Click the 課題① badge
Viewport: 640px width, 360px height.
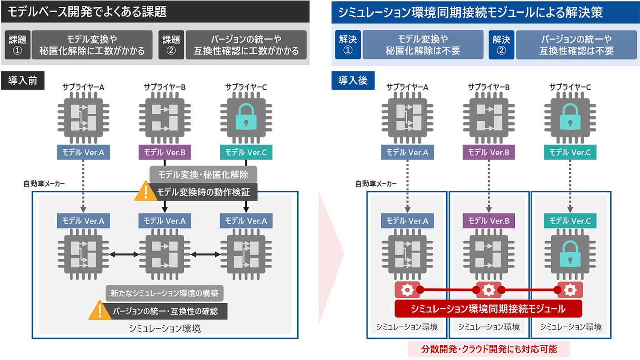17,45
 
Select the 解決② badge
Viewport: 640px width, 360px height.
501,45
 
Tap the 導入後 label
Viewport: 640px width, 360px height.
353,81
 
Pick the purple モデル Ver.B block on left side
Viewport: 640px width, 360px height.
165,152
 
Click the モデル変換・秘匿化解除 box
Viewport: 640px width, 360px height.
203,174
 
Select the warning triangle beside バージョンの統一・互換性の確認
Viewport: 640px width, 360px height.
100,310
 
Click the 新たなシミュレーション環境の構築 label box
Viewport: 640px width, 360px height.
165,294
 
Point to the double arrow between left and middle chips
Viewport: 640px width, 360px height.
124,254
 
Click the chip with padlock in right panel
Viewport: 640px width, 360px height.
570,254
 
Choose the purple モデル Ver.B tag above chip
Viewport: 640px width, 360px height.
489,221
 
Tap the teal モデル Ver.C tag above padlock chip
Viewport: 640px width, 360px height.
570,221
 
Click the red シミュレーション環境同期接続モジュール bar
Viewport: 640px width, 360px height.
488,309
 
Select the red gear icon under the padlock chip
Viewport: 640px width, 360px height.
570,290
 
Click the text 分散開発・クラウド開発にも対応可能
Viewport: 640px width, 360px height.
489,349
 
